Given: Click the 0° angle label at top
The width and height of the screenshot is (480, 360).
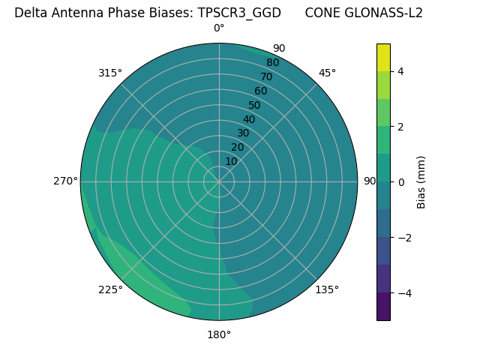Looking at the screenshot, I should point(219,28).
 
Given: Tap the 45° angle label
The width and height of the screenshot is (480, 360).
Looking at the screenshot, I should point(327,73).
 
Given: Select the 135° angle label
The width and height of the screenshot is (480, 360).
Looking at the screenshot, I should point(327,289).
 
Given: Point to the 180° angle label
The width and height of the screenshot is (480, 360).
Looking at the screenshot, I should point(219,334).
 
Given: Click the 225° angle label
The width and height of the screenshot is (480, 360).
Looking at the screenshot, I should point(110,289).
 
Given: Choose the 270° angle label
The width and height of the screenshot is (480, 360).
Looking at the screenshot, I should point(65,181).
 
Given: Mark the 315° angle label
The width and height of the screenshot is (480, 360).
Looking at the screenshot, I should point(110,73).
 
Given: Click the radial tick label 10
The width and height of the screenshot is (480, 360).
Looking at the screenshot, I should point(232,161).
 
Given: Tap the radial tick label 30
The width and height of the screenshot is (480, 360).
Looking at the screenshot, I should point(243,133).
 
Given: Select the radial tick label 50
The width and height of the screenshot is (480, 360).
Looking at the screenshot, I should point(255,105).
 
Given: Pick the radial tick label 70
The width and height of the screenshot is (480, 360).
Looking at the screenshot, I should point(266,76).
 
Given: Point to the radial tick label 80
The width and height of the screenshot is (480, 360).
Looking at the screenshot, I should point(272,62).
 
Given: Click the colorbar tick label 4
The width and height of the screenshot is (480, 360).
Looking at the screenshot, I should point(401,71).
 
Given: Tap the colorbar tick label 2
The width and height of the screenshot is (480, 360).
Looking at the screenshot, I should point(401,127).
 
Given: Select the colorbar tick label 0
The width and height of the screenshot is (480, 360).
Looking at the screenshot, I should point(401,182).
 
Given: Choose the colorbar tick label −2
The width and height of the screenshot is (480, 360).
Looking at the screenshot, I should point(404,238).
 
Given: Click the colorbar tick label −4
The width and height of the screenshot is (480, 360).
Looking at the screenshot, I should point(404,293).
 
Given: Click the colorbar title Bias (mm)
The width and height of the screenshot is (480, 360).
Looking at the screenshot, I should point(421,182).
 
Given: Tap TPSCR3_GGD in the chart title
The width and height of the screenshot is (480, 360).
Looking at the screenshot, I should point(239,13).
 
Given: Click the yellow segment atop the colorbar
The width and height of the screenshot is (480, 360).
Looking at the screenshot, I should point(383,57).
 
